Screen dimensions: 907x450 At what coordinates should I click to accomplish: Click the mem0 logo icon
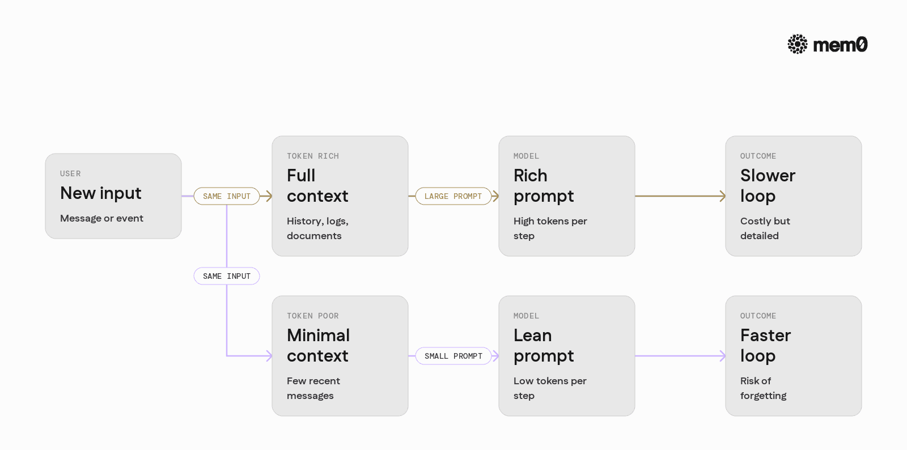point(797,44)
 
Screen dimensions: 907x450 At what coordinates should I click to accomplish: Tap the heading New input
point(101,193)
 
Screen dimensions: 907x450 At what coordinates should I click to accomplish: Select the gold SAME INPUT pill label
point(227,196)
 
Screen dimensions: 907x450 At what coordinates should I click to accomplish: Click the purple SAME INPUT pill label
point(227,276)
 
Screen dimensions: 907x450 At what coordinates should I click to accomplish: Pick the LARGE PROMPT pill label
point(453,196)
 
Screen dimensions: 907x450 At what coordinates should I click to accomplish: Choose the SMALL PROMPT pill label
point(453,356)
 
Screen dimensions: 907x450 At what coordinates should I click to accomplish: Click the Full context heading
point(317,186)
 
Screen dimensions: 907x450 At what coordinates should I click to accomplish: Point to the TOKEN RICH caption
point(313,156)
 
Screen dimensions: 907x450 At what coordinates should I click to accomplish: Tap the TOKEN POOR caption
point(312,316)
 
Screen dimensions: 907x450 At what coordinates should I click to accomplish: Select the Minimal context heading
point(318,346)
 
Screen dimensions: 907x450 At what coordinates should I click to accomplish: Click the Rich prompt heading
point(544,186)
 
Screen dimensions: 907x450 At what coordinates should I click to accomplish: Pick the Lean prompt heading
point(544,346)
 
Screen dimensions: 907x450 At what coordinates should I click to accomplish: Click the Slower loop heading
point(768,186)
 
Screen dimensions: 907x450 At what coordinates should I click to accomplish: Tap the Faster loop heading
point(765,346)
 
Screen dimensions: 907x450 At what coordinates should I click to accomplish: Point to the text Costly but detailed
point(765,228)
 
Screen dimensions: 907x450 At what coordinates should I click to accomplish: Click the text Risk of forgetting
point(763,388)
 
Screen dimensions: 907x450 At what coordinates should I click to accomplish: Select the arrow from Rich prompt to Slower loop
point(680,196)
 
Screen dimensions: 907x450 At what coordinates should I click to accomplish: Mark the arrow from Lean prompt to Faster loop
point(680,356)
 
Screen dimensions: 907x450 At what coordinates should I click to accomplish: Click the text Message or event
point(101,219)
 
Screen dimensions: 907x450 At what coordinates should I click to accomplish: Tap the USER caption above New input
point(70,173)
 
